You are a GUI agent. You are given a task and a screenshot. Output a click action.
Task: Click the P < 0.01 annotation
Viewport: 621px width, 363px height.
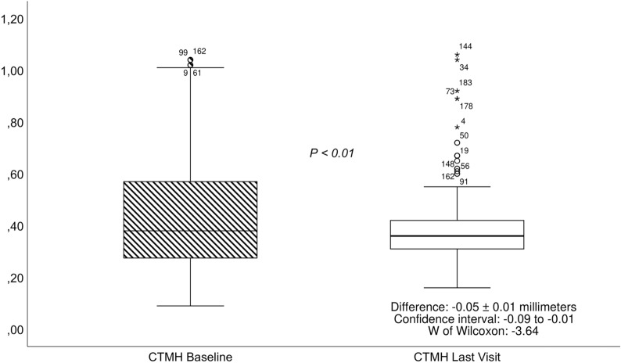coord(332,153)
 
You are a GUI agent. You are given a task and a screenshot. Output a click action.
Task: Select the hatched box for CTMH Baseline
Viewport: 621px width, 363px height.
coord(191,219)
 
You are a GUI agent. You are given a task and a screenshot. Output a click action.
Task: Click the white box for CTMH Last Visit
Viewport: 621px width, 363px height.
coord(457,227)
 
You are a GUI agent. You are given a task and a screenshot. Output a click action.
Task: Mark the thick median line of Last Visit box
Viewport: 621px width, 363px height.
coord(457,235)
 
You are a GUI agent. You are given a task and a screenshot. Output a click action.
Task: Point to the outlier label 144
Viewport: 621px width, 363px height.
coord(466,47)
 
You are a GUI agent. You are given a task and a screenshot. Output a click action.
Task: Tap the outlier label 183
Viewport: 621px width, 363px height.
coord(466,83)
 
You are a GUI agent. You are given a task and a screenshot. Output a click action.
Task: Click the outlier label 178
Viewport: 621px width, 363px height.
coord(467,106)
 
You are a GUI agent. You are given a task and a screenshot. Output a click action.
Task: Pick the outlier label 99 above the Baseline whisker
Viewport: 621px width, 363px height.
coord(183,52)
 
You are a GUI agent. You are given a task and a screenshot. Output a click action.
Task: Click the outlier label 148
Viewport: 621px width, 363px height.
coord(447,164)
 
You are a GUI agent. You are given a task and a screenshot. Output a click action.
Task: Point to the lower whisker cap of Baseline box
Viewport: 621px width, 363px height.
coord(191,306)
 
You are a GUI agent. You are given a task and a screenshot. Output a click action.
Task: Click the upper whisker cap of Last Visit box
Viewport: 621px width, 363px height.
coord(457,186)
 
